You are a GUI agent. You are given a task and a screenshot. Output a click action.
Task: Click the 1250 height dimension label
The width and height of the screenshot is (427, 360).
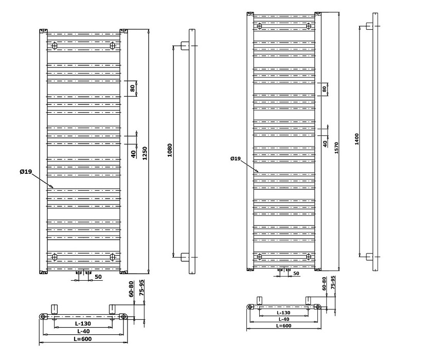point(145,153)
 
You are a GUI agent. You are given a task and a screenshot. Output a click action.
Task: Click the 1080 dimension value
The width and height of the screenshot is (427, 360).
point(170,150)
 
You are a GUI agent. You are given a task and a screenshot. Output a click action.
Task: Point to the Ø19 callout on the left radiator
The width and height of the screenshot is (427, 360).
point(27,172)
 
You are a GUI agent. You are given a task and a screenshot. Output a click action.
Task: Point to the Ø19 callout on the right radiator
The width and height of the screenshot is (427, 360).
point(236,158)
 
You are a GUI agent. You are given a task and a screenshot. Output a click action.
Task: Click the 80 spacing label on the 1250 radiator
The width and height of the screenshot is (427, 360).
point(133,88)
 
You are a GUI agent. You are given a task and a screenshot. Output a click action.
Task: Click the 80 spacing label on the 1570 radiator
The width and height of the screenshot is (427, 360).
point(324,89)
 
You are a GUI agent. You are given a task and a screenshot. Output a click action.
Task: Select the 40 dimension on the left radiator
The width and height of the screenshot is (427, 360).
point(133,153)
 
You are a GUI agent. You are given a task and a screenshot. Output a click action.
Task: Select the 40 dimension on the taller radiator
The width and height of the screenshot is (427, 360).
point(325,143)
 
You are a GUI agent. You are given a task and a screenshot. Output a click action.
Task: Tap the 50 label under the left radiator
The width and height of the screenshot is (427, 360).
point(98,277)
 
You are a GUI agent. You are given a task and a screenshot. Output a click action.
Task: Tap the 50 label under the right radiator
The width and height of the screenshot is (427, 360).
point(296,273)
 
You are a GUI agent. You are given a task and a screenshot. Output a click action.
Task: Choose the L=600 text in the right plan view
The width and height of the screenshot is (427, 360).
point(284,325)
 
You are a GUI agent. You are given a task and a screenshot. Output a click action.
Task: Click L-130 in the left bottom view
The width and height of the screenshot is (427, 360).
point(83,324)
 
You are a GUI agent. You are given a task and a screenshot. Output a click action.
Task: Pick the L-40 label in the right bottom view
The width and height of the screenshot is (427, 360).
point(283,319)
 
